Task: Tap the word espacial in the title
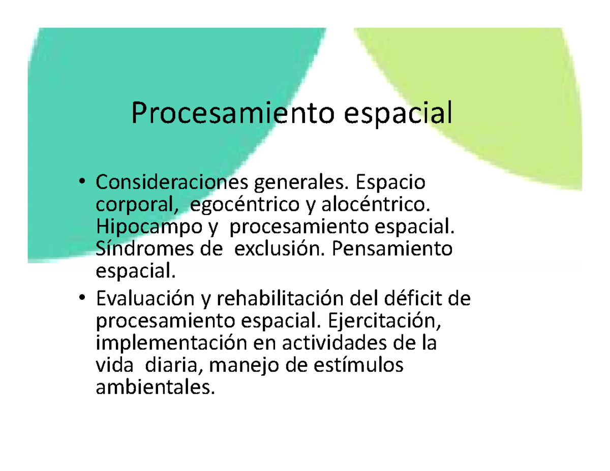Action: click(398, 114)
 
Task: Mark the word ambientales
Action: click(152, 389)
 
